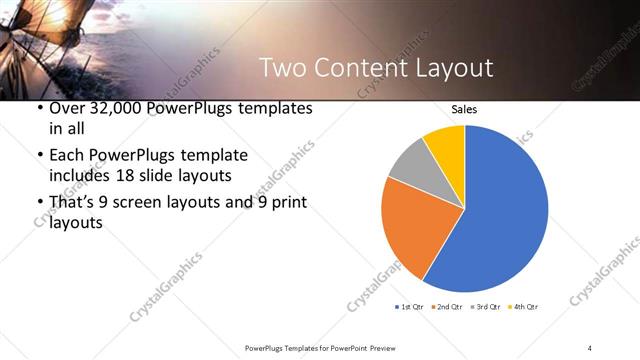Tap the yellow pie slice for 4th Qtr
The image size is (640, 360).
(445, 145)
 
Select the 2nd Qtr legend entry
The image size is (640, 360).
(447, 306)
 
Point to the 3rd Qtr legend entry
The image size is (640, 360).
(485, 306)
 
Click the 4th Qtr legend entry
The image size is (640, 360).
(523, 306)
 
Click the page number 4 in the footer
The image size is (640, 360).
(590, 347)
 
